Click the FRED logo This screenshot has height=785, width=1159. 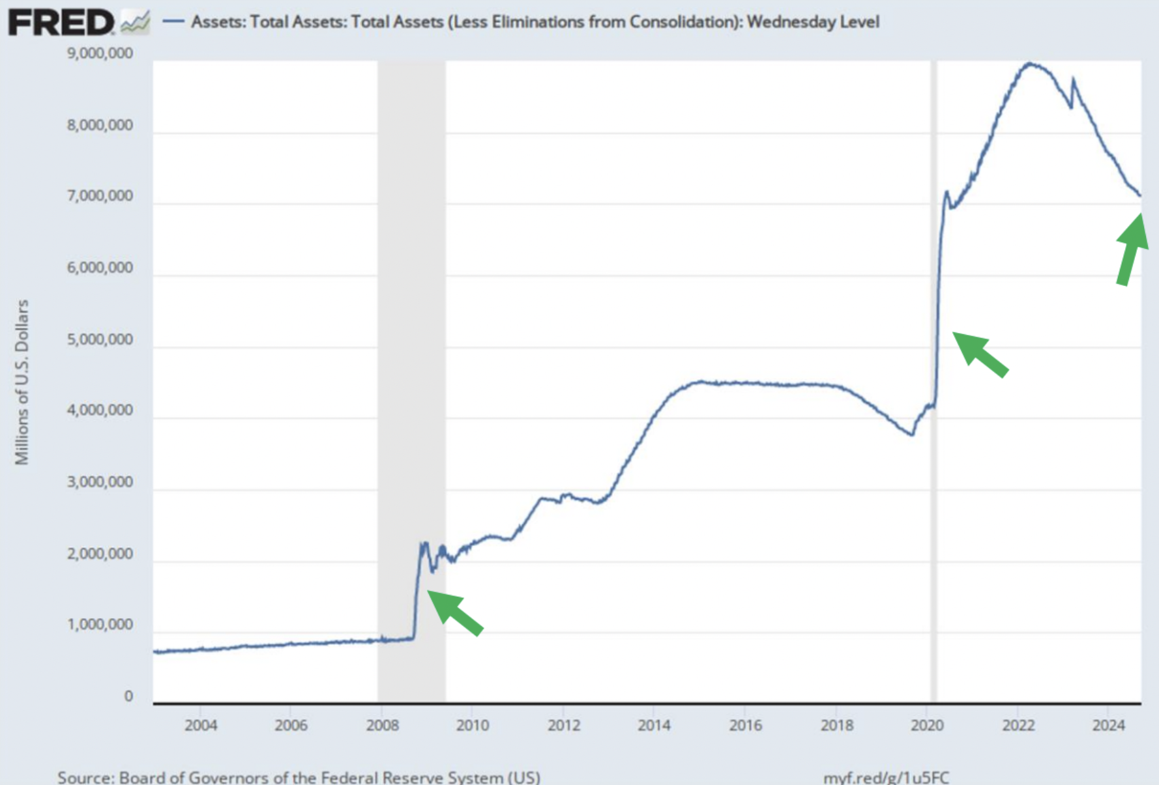[x=61, y=23]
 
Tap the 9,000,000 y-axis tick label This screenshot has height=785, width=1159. [x=100, y=53]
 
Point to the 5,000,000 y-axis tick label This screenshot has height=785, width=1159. [x=100, y=339]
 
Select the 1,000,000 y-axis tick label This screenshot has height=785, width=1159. [x=100, y=625]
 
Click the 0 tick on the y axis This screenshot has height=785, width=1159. [x=128, y=696]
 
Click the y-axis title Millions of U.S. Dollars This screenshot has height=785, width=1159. [x=22, y=382]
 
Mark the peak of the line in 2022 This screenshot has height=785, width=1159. [x=1029, y=63]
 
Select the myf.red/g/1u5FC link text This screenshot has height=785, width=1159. [x=886, y=777]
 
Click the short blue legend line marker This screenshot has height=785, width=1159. [x=173, y=22]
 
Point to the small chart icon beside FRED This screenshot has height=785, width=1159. [x=136, y=23]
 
